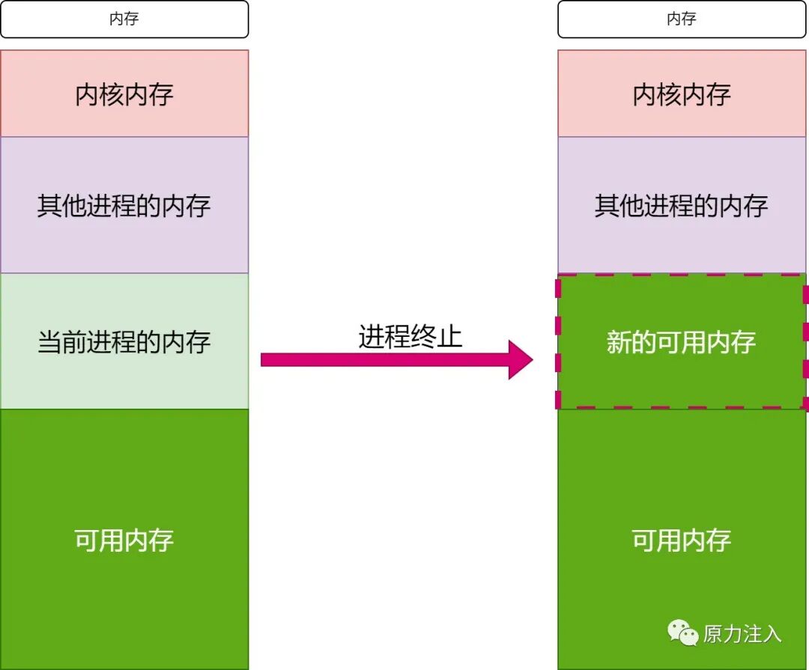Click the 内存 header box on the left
point(124,19)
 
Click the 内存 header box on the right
point(681,19)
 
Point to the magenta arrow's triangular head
point(519,360)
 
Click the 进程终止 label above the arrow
point(410,336)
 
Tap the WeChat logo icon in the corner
point(682,633)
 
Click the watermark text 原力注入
point(742,634)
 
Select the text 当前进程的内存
point(124,342)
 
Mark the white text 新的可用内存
point(681,342)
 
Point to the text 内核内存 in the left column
point(124,94)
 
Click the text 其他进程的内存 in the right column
point(681,205)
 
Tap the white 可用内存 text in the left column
point(124,540)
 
